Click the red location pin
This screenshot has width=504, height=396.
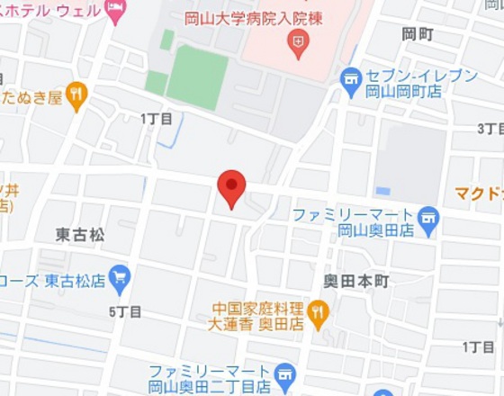pyautogui.click(x=231, y=187)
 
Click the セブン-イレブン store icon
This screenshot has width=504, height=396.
pyautogui.click(x=350, y=82)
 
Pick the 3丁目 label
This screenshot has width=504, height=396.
pyautogui.click(x=490, y=129)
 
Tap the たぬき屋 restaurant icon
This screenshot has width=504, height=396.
pyautogui.click(x=77, y=93)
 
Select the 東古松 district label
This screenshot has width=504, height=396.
pyautogui.click(x=80, y=235)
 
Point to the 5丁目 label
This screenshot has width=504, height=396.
pyautogui.click(x=125, y=311)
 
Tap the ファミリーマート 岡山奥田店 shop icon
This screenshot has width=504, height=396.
pyautogui.click(x=428, y=216)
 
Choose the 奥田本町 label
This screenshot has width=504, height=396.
pyautogui.click(x=356, y=282)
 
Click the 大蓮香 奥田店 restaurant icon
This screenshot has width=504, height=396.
pyautogui.click(x=318, y=311)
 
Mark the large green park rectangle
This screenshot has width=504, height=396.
pyautogui.click(x=197, y=76)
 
